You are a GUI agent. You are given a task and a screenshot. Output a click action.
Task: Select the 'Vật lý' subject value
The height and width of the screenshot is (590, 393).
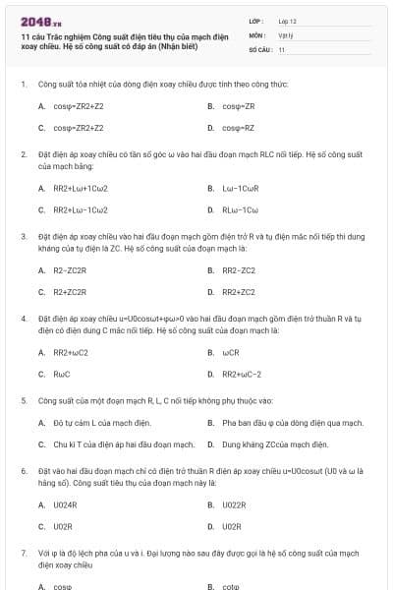(x=286, y=34)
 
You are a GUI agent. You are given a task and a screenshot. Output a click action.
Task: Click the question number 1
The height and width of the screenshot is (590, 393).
(x=24, y=85)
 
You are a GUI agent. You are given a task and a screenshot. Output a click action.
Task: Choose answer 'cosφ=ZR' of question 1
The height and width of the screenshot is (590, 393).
(x=239, y=106)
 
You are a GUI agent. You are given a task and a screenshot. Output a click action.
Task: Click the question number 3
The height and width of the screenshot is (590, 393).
(x=24, y=237)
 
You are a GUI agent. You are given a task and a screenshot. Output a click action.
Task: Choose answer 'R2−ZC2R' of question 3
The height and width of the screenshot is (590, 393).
(x=70, y=269)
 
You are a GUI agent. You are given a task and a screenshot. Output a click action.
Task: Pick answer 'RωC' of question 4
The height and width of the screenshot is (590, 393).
(x=62, y=374)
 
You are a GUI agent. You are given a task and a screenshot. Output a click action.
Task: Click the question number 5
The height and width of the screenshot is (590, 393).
(x=24, y=401)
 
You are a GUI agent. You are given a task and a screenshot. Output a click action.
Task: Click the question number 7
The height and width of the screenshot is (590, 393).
(x=24, y=555)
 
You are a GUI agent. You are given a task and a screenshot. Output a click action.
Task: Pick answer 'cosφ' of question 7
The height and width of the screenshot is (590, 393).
(x=63, y=586)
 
